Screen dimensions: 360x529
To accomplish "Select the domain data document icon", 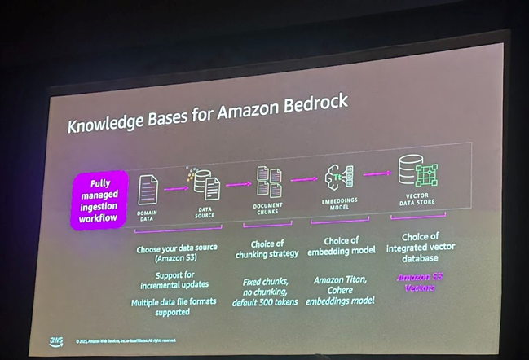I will [x=148, y=190].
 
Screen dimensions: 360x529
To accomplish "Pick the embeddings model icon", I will [x=338, y=176].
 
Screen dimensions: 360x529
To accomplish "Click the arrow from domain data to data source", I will [x=175, y=189].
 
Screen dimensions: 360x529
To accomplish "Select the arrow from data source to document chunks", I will [x=238, y=184].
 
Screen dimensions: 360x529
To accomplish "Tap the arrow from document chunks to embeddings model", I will [x=304, y=179].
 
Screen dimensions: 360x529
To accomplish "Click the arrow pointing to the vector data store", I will [x=376, y=173].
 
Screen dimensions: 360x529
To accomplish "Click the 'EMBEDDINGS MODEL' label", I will [x=338, y=204].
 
